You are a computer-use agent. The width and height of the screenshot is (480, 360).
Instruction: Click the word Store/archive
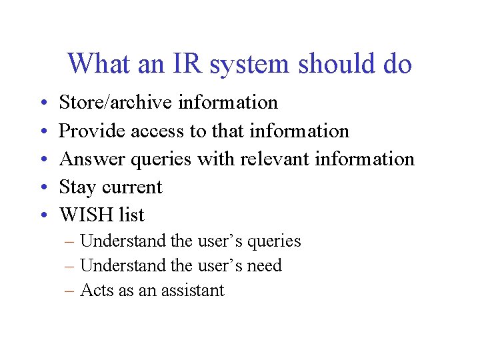[115, 103]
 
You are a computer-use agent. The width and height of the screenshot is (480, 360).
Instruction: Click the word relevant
[275, 159]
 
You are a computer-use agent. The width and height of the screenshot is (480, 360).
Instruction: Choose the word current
[131, 187]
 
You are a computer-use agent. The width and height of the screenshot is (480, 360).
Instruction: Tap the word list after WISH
[131, 215]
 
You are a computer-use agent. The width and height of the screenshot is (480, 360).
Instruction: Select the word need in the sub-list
[265, 265]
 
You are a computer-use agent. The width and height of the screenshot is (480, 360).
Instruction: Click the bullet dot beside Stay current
[41, 187]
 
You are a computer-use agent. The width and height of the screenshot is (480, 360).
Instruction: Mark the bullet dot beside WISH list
[41, 215]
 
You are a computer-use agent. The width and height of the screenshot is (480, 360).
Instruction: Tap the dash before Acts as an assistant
[70, 290]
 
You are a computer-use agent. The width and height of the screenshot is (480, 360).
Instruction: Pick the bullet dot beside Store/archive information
[41, 103]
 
